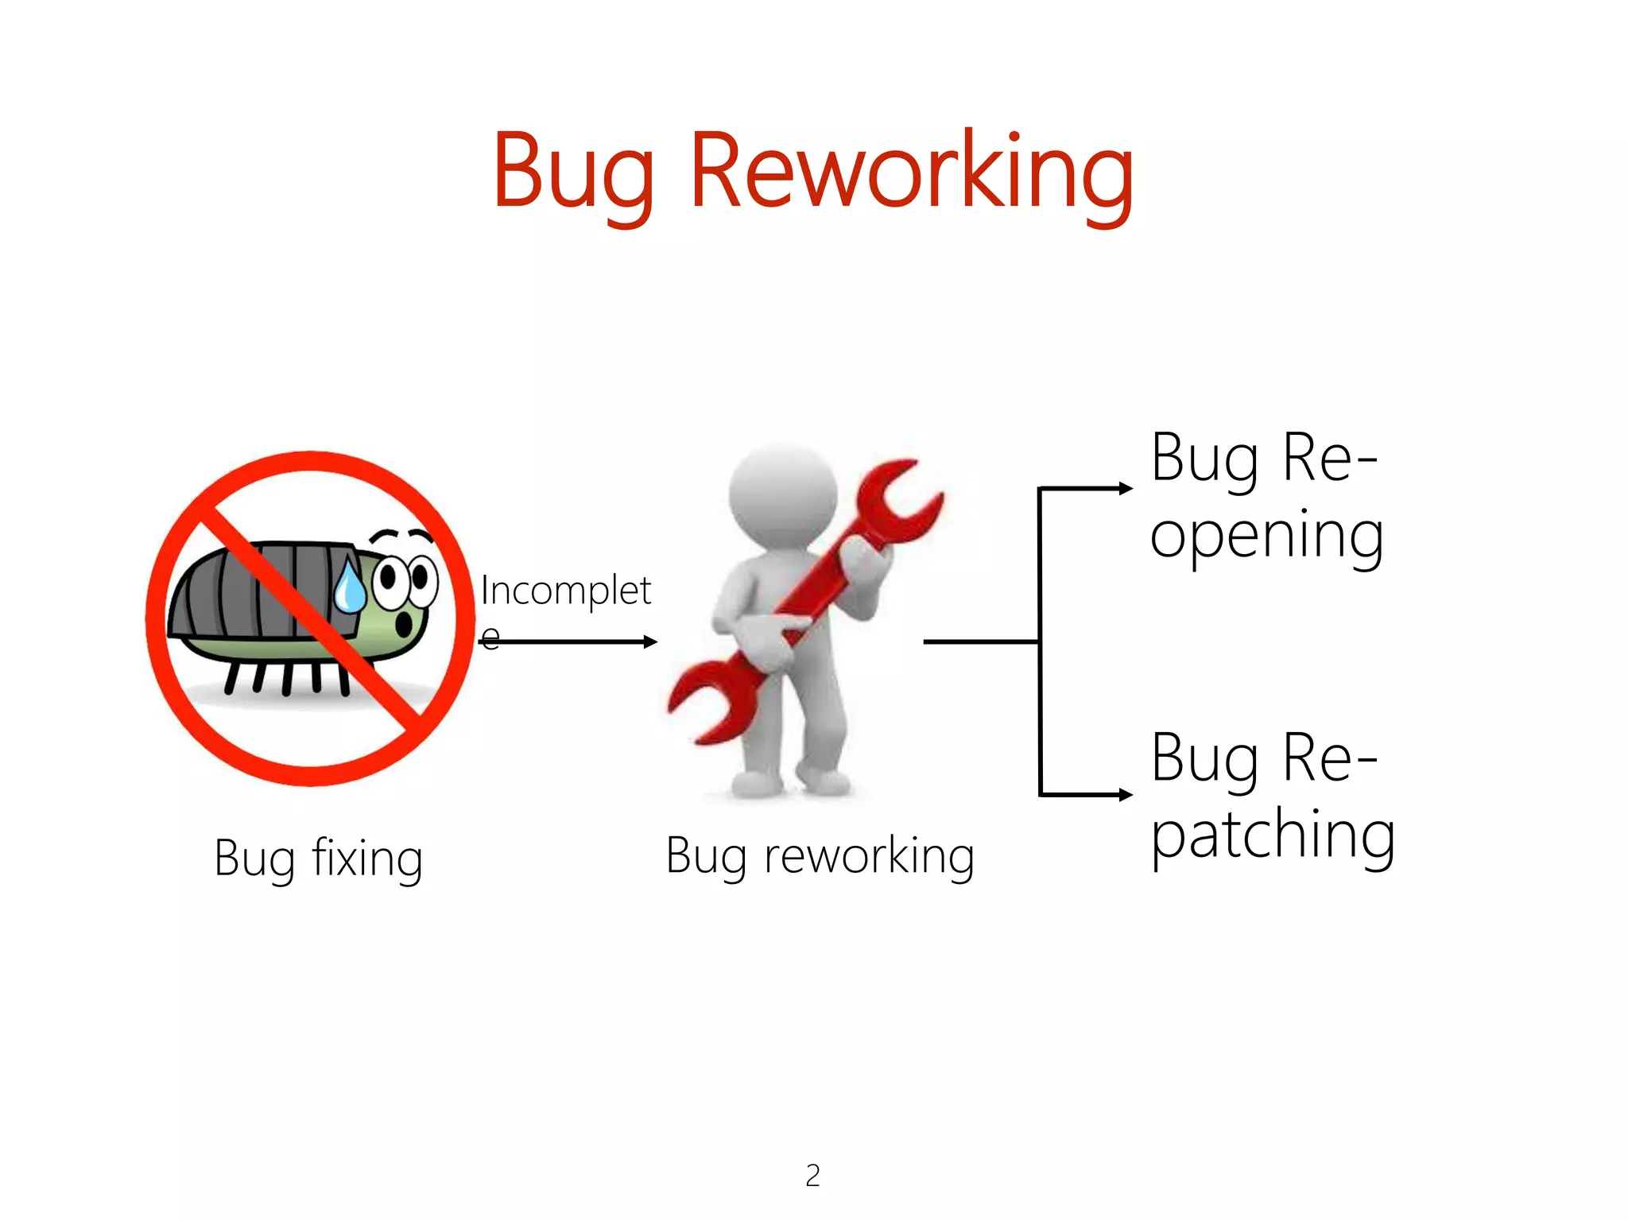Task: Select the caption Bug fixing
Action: click(x=318, y=859)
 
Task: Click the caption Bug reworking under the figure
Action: click(x=820, y=857)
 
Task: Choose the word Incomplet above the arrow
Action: click(x=565, y=591)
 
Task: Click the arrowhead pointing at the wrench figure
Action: click(x=651, y=642)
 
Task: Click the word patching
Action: click(x=1273, y=835)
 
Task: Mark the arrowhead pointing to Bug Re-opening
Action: click(x=1126, y=488)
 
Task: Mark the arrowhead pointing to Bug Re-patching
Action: click(x=1126, y=794)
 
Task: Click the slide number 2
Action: click(x=812, y=1175)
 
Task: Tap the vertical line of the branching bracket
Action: click(x=1040, y=641)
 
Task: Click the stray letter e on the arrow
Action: click(x=490, y=637)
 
